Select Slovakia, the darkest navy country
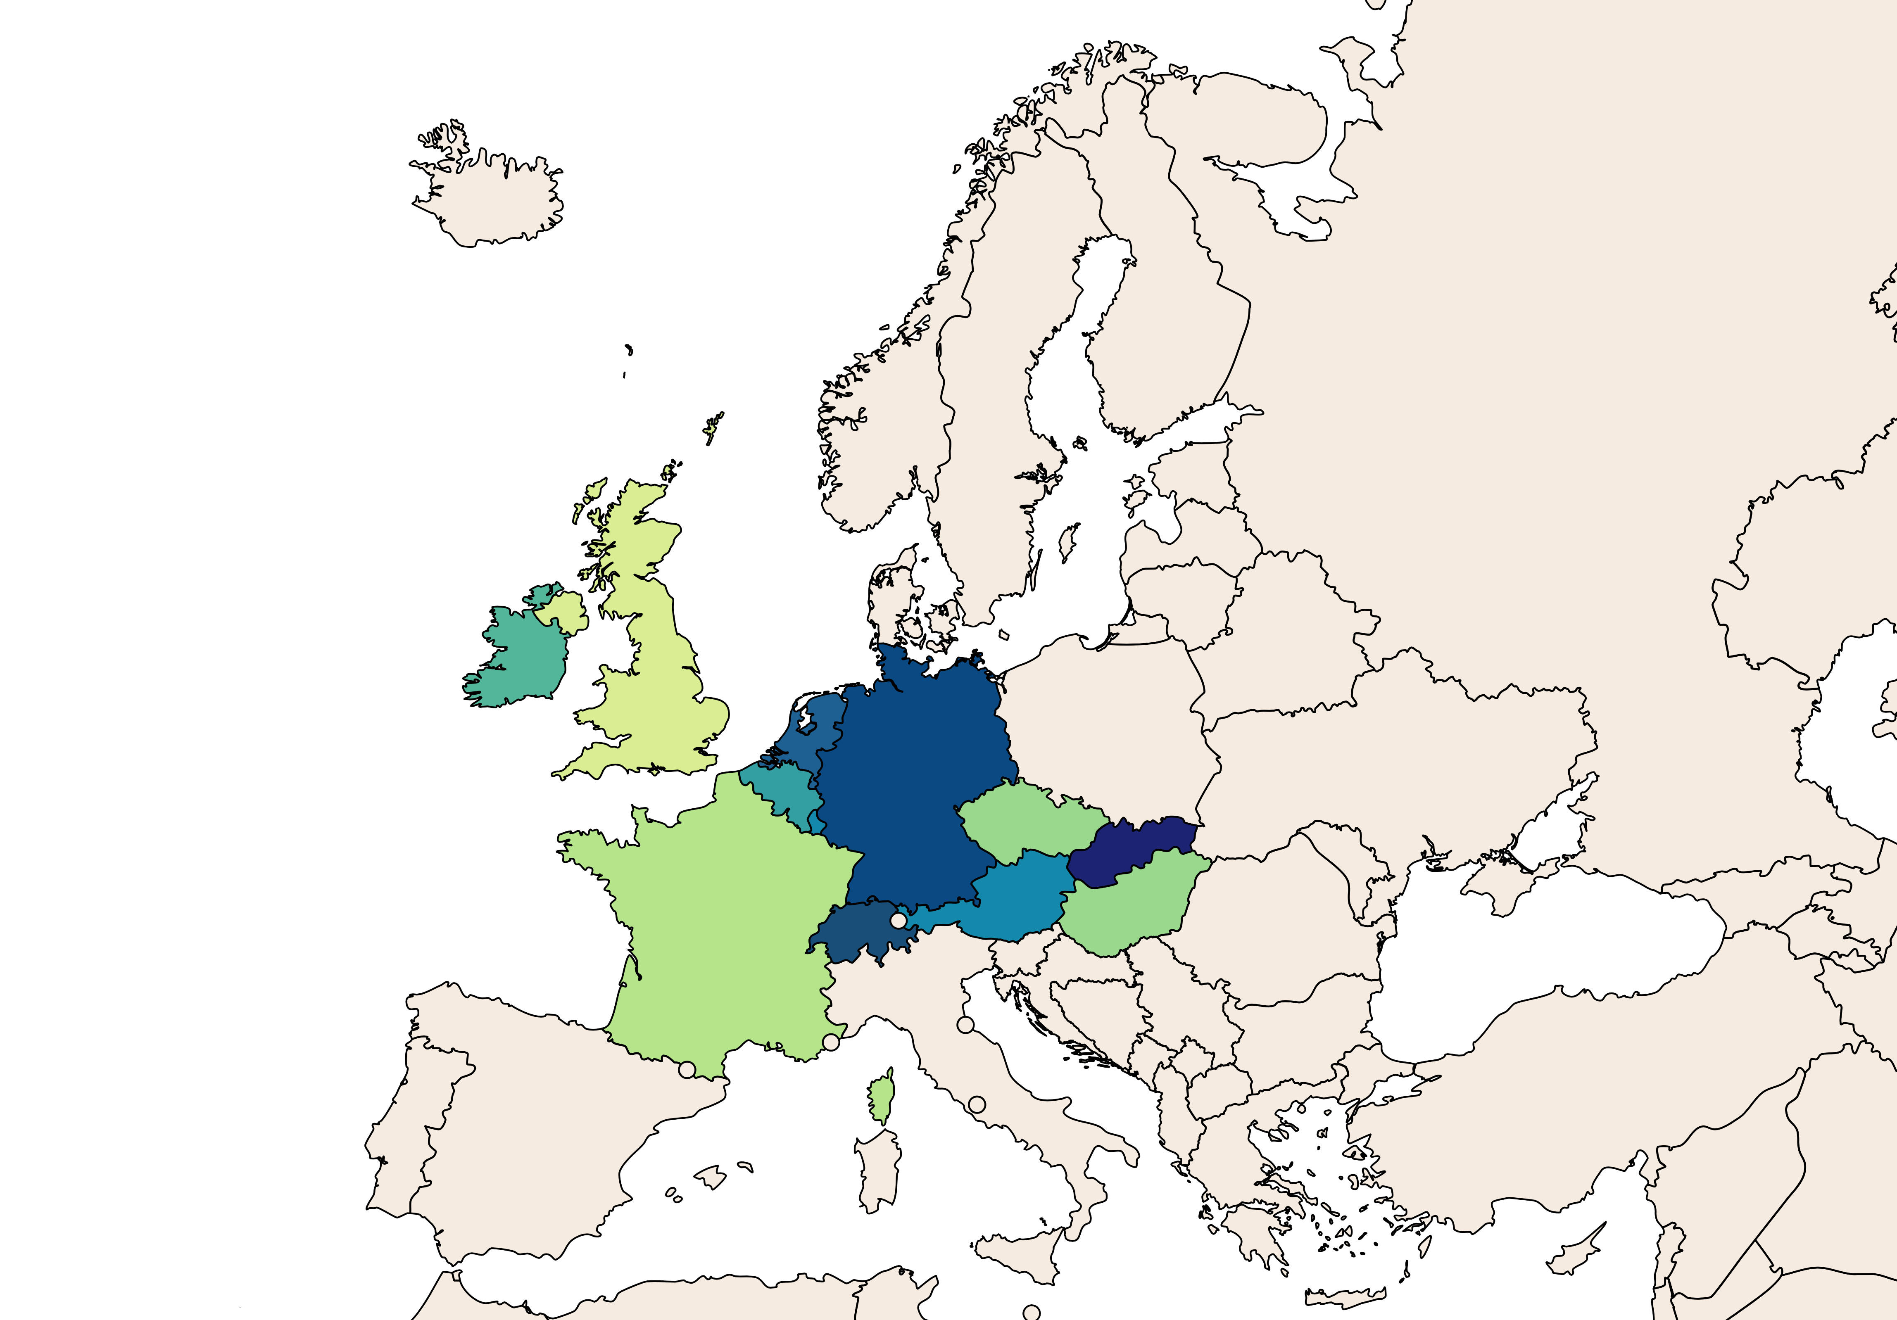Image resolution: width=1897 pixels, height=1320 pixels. click(1132, 851)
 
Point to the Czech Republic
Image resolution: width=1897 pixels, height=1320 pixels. click(1029, 818)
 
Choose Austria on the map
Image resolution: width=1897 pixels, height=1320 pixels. click(1016, 896)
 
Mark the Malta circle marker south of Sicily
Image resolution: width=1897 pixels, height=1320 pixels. click(1031, 1312)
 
